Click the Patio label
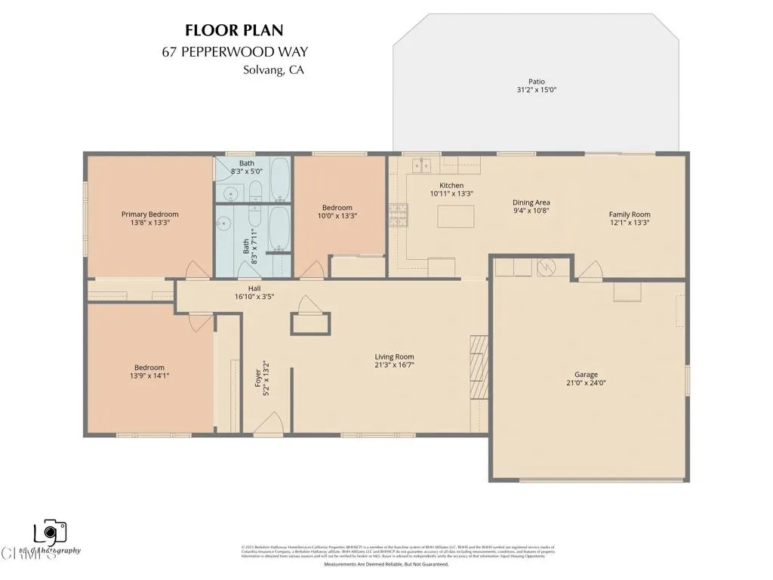tap(536, 82)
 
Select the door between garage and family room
tap(591, 270)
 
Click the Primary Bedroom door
tap(194, 270)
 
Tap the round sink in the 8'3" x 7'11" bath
tap(224, 224)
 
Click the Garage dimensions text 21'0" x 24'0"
tap(586, 383)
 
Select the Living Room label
tap(394, 357)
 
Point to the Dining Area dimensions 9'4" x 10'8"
tap(531, 212)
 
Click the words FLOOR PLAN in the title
tap(235, 30)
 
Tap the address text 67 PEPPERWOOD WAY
tap(235, 52)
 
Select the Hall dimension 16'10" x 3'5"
tap(254, 297)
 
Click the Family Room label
tap(630, 214)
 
